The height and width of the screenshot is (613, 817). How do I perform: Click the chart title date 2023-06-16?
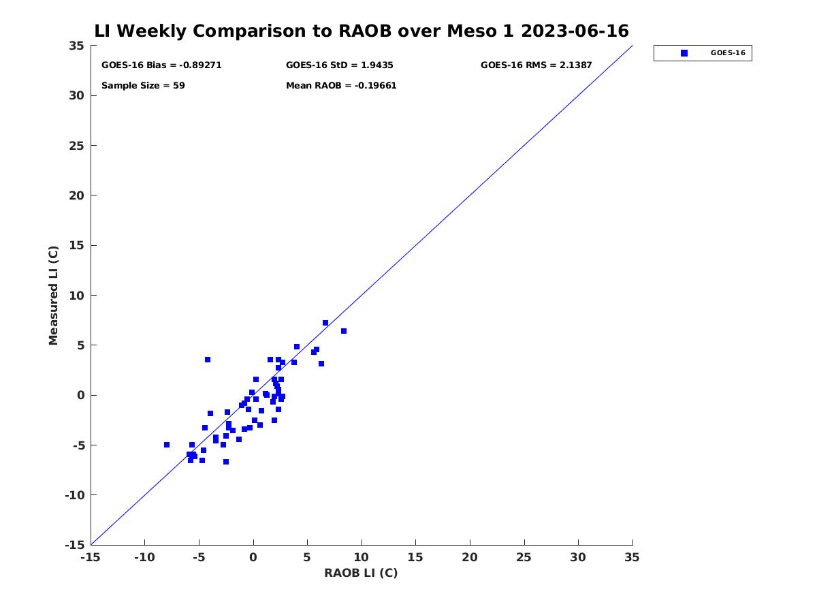coord(575,31)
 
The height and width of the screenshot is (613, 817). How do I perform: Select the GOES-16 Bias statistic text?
coord(161,65)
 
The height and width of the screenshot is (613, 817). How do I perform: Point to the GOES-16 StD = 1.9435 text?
coord(339,65)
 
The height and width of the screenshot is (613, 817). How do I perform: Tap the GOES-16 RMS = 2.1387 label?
coord(536,65)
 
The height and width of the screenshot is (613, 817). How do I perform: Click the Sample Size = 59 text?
coord(143,86)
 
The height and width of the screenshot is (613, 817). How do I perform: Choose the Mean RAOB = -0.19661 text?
coord(341,86)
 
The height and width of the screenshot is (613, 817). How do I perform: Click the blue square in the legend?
coord(684,53)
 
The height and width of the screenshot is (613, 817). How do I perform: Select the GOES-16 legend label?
coord(728,53)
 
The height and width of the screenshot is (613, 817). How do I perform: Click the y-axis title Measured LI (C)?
coord(53,295)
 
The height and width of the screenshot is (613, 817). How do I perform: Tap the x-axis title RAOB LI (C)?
coord(361,572)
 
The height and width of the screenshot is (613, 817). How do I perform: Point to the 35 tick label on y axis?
coord(76,46)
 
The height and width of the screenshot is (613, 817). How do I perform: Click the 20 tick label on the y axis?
coord(76,195)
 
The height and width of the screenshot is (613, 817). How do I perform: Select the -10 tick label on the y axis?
coord(75,495)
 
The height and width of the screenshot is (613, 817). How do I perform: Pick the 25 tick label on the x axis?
coord(524,557)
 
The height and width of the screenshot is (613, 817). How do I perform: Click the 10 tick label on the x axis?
coord(361,557)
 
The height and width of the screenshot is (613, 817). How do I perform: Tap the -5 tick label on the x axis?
coord(199,557)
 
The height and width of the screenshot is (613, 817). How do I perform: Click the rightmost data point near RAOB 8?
coord(344,331)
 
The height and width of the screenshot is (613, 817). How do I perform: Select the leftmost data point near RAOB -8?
coord(167,445)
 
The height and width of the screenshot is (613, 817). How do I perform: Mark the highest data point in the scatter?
coord(325,323)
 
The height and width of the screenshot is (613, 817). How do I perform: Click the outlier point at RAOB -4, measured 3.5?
coord(208,360)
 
